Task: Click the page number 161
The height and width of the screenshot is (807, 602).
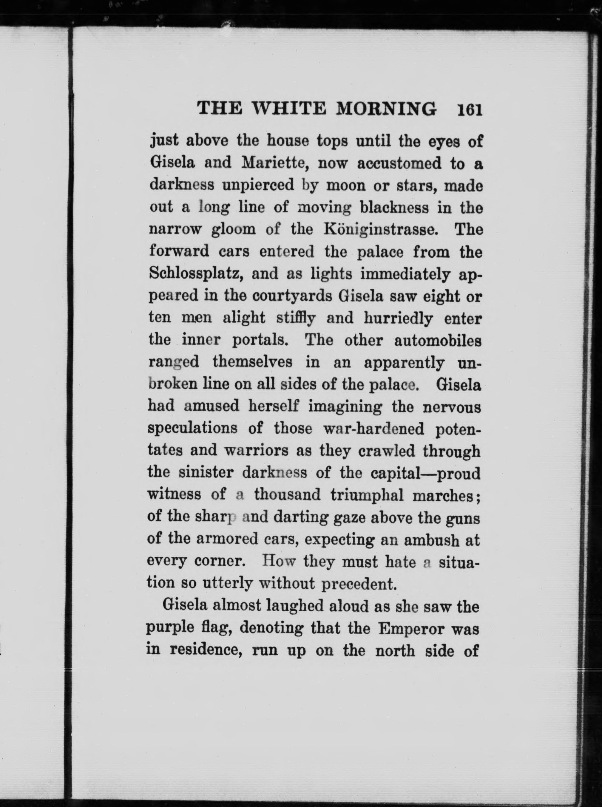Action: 470,109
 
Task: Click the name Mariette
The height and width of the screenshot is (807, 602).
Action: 274,163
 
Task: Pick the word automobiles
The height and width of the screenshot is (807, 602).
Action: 438,340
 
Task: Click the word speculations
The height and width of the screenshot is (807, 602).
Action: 192,429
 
